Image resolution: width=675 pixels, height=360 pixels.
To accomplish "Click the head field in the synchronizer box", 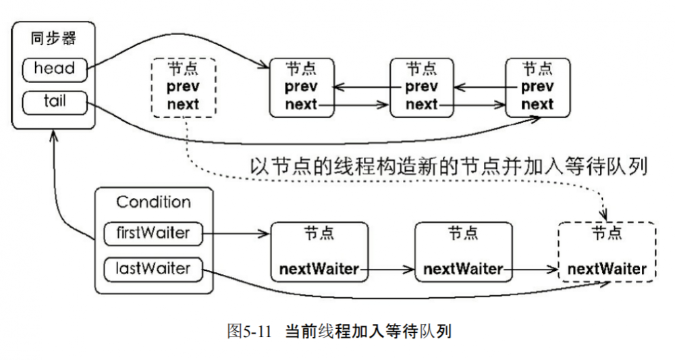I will pyautogui.click(x=55, y=68).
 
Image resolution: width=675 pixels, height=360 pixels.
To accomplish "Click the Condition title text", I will pyautogui.click(x=154, y=202).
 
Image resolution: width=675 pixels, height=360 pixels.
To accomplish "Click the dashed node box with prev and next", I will pyautogui.click(x=183, y=86).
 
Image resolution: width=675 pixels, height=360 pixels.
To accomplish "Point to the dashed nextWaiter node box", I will pyautogui.click(x=606, y=252).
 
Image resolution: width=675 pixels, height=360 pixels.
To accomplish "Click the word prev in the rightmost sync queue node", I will pyautogui.click(x=538, y=86).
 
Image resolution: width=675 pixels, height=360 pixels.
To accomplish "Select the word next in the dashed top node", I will pyautogui.click(x=183, y=105).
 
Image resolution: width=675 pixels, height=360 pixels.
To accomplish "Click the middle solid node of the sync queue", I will pyautogui.click(x=421, y=86).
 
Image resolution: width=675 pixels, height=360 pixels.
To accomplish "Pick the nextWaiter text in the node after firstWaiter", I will pyautogui.click(x=319, y=269).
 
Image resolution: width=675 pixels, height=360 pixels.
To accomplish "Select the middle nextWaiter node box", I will pyautogui.click(x=463, y=252).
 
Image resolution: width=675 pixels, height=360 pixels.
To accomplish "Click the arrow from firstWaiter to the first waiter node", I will pyautogui.click(x=236, y=235).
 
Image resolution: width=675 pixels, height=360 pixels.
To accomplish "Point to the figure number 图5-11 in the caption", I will pyautogui.click(x=251, y=332).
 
